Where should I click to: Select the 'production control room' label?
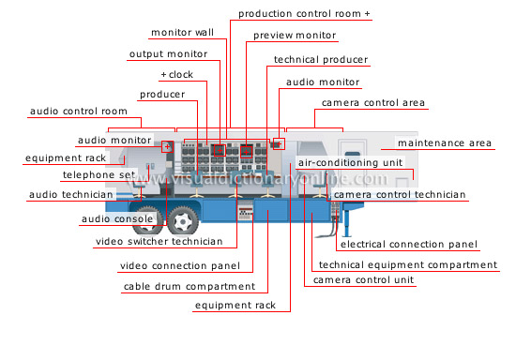click(304, 14)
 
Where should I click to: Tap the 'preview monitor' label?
click(294, 36)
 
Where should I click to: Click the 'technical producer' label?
click(320, 59)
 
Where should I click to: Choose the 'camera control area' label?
click(372, 102)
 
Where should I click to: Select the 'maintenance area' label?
click(444, 143)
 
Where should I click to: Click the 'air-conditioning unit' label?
click(349, 162)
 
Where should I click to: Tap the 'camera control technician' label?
click(399, 194)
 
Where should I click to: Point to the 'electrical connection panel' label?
click(408, 245)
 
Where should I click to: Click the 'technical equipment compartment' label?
click(407, 265)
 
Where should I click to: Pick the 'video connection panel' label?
click(179, 265)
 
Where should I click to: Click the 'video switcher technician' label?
click(159, 241)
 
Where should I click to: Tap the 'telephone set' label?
click(98, 175)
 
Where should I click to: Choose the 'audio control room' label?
click(71, 112)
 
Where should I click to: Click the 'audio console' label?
click(116, 219)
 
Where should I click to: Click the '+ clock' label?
click(176, 74)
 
